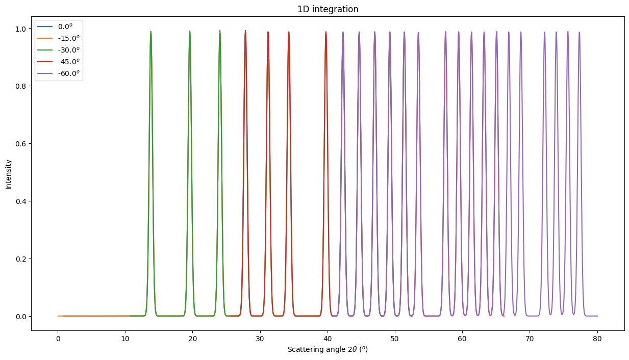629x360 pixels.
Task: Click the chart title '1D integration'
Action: (328, 9)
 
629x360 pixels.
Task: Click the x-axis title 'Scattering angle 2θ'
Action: (328, 350)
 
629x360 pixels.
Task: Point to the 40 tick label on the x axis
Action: (328, 338)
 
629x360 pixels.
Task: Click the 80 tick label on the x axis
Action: (597, 338)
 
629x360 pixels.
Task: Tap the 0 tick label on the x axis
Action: (58, 338)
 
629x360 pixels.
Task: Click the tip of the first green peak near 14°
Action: (151, 32)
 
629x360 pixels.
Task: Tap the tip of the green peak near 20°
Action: (190, 32)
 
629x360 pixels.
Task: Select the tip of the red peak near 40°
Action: (326, 32)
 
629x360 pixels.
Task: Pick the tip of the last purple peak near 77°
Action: (579, 32)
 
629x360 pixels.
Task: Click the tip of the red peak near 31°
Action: (268, 32)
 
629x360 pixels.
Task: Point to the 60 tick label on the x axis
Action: (463, 338)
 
